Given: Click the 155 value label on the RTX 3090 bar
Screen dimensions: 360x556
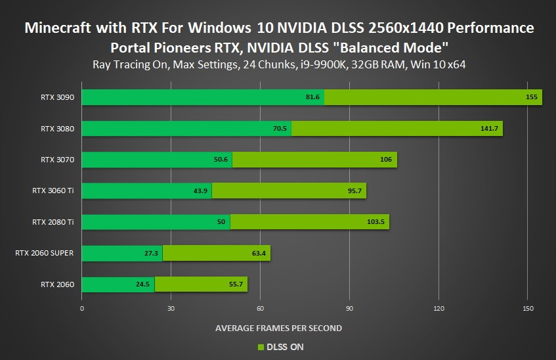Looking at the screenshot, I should [x=532, y=97].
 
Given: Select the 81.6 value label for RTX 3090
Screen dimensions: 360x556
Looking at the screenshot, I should [x=312, y=97].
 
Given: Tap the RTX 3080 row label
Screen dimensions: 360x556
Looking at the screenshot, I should [x=57, y=129].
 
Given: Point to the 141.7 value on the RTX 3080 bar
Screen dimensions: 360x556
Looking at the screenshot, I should [x=489, y=129].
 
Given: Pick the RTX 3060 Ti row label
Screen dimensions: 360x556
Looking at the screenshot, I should [x=53, y=191].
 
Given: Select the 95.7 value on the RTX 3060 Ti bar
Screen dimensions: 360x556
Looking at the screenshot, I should [x=354, y=191].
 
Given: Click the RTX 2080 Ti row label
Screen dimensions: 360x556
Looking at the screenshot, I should [x=53, y=222].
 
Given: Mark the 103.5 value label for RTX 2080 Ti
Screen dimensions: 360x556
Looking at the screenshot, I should [x=376, y=222].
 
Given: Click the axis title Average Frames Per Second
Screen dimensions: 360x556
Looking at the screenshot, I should [x=278, y=327].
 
